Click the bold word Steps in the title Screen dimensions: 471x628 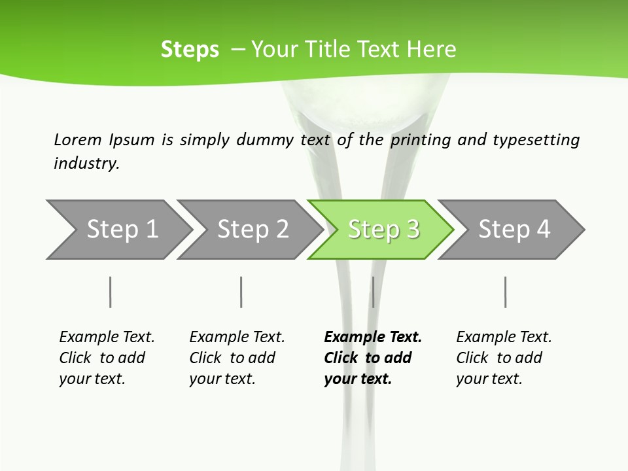[x=190, y=50]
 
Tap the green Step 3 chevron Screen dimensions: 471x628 [x=383, y=230]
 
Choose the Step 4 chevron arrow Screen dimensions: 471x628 [x=514, y=230]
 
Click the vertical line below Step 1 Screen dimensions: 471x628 [x=111, y=292]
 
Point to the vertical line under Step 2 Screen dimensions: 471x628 [x=241, y=292]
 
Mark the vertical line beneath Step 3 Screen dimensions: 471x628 [x=373, y=292]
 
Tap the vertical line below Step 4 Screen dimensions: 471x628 [x=506, y=292]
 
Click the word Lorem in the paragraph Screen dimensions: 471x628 [x=77, y=140]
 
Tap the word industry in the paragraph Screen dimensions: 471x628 [x=86, y=164]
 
